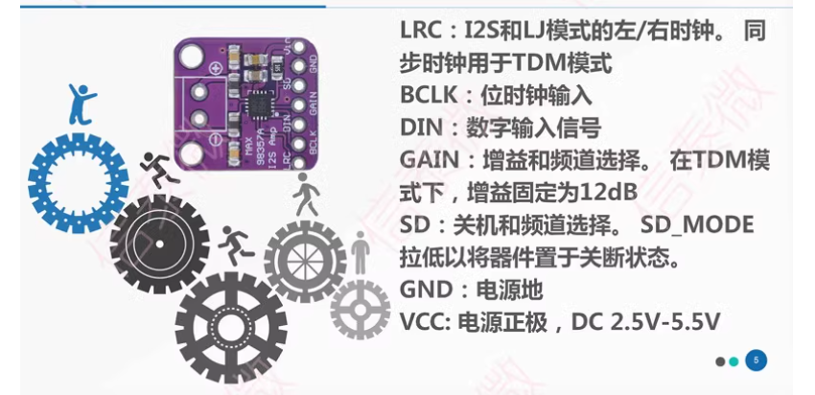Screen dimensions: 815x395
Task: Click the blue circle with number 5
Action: pyautogui.click(x=757, y=360)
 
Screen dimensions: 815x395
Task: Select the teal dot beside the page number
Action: pyautogui.click(x=734, y=361)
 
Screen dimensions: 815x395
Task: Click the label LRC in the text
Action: pyautogui.click(x=420, y=32)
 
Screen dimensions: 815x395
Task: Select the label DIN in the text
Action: pyautogui.click(x=419, y=126)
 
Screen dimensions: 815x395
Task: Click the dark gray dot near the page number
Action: pyautogui.click(x=720, y=361)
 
